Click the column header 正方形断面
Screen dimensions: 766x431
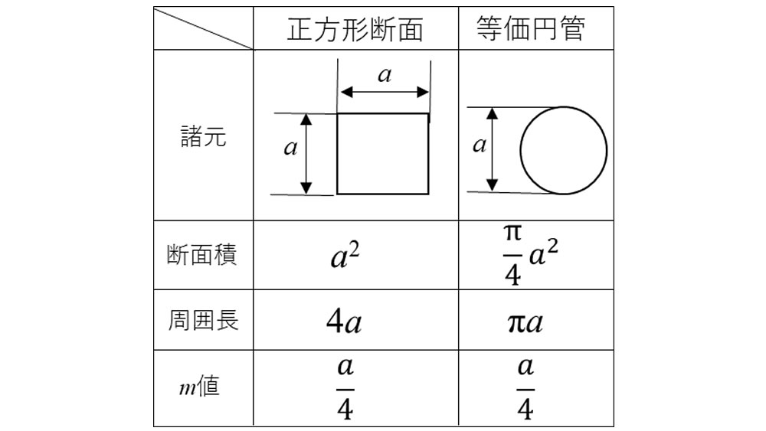(355, 29)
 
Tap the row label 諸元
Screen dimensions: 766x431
(203, 136)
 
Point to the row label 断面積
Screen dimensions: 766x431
(201, 255)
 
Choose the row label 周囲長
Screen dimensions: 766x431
(203, 320)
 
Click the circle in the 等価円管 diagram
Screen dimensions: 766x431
(520, 150)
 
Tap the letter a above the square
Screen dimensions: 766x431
(385, 75)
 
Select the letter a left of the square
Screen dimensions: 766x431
(290, 148)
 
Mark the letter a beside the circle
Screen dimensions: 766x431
(480, 145)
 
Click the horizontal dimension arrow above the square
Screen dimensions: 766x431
(385, 92)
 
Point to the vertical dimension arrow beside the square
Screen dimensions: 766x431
(306, 154)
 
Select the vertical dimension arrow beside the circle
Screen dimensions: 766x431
(493, 149)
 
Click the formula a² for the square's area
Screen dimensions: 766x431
(345, 256)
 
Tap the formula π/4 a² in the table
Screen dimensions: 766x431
(531, 254)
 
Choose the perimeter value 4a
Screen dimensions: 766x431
(344, 322)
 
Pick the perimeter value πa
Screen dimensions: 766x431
(525, 322)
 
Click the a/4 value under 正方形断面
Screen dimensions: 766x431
(345, 389)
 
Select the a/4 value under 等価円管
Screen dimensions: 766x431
(525, 389)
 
